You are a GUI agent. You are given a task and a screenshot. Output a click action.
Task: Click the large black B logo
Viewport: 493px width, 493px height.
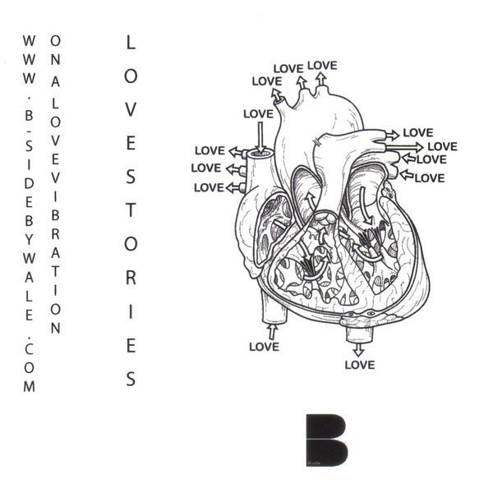coord(327,440)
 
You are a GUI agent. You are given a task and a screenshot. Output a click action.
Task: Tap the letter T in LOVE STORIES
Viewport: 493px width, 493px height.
coord(131,210)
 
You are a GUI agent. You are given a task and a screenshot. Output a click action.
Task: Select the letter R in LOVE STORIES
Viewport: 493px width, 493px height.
coord(131,278)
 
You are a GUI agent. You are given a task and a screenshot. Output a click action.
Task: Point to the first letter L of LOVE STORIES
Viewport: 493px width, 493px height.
coord(131,42)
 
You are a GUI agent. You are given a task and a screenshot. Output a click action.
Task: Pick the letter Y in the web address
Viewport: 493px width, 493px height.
coord(29,240)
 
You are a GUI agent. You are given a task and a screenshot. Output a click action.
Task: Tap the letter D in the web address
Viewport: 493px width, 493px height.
coord(29,184)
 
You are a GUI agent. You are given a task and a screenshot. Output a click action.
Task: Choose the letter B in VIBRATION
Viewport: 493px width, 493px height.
coord(55,215)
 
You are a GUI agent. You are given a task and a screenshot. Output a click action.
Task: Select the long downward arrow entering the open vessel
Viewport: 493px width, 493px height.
coord(260,137)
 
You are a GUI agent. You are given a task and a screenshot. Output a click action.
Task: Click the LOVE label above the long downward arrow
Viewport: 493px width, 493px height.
coord(259,113)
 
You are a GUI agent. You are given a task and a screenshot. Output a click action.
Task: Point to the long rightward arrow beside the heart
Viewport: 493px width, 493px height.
coord(404,146)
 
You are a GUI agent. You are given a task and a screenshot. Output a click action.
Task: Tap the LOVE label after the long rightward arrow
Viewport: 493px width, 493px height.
coord(442,146)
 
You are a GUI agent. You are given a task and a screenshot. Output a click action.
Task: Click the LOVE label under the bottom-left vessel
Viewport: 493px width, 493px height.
coord(264,347)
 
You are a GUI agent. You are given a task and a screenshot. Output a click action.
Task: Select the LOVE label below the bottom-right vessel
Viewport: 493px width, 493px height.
coord(360,365)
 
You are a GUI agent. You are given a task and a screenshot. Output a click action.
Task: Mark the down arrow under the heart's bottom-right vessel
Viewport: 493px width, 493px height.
coord(358,350)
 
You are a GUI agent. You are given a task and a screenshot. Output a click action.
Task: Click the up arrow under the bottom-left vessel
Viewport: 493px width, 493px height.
coord(272,332)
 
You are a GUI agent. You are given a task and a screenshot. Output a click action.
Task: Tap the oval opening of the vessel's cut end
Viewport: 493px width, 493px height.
coord(260,154)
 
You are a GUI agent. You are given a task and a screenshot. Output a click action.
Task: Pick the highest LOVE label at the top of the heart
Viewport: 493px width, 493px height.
coord(322,66)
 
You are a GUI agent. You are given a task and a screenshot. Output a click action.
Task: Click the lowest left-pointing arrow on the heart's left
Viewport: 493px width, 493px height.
coord(234,188)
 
